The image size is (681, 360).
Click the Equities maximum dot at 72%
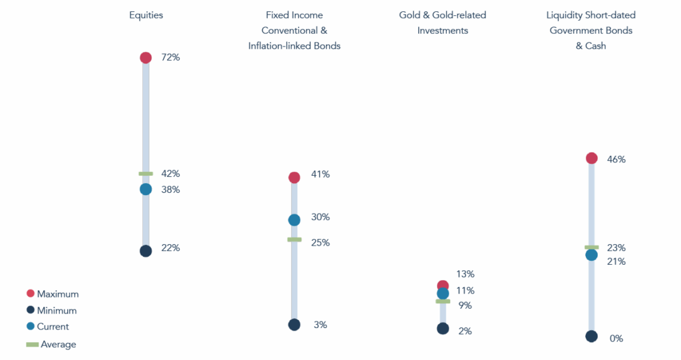[146, 58]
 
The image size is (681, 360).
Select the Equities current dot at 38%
[146, 189]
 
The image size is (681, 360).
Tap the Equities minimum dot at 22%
[146, 251]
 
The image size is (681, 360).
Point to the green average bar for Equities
[146, 174]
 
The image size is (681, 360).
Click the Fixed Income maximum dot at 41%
[294, 177]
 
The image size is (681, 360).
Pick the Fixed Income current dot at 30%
[294, 220]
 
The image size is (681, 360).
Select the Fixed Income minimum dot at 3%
[294, 325]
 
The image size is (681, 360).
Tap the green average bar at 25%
[294, 240]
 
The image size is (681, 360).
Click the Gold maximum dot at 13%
[443, 286]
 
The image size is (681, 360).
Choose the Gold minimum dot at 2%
[443, 329]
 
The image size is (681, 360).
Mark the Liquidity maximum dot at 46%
[591, 158]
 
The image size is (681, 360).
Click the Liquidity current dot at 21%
[591, 255]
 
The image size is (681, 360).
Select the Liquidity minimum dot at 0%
[591, 337]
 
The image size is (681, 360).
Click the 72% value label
[170, 58]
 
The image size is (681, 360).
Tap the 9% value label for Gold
[465, 306]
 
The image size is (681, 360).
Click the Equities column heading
[146, 15]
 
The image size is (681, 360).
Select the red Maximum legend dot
[30, 293]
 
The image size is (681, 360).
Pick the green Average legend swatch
[32, 344]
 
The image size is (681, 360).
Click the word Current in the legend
[53, 327]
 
